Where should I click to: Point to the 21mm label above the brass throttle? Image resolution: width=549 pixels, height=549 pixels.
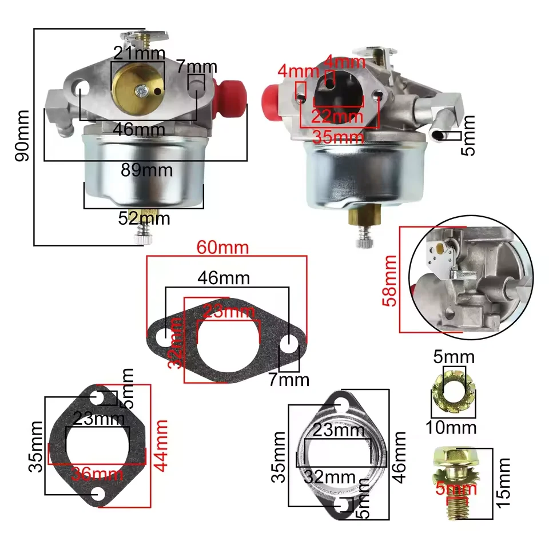tap(140, 53)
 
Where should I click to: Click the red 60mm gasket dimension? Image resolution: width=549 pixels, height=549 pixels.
tap(223, 248)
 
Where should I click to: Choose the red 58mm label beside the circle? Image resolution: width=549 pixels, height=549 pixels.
tap(391, 280)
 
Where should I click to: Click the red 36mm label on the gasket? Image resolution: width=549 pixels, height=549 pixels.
tap(97, 474)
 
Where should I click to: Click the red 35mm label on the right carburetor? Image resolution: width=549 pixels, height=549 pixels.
tap(339, 137)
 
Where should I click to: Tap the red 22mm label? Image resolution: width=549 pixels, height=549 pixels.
tap(337, 117)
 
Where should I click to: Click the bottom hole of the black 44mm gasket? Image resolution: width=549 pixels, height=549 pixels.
tap(100, 494)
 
